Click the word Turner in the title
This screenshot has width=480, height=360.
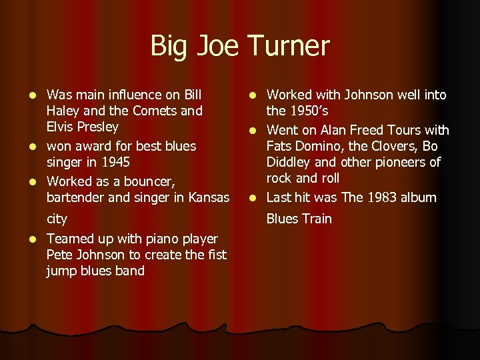[x=289, y=46]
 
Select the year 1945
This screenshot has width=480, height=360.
[x=115, y=162]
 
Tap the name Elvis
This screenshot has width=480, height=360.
[x=61, y=127]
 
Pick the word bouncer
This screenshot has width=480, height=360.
[x=145, y=181]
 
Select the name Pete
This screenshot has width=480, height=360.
[x=59, y=255]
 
